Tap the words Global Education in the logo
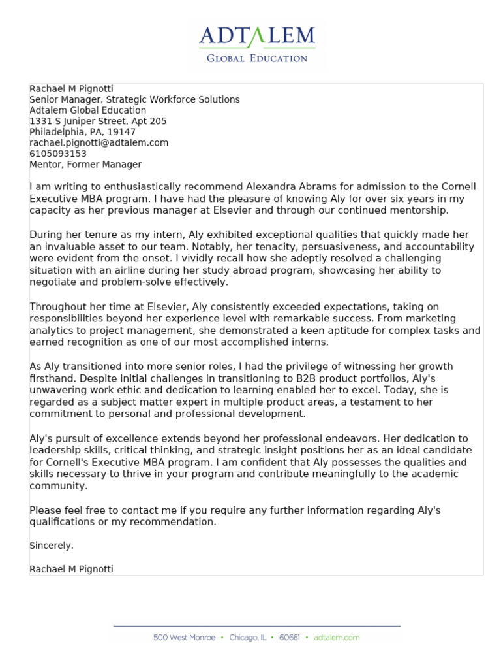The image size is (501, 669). pos(257,58)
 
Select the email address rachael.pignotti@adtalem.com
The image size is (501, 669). pos(99,142)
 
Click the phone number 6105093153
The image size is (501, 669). pos(58,154)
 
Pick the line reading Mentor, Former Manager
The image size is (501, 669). pos(85,165)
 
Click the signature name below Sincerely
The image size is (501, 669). pos(71,569)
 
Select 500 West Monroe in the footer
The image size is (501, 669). pos(184,637)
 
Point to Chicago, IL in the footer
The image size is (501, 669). pos(247,637)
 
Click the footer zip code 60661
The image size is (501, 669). pos(290,637)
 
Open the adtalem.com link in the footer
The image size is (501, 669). pos(337,637)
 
